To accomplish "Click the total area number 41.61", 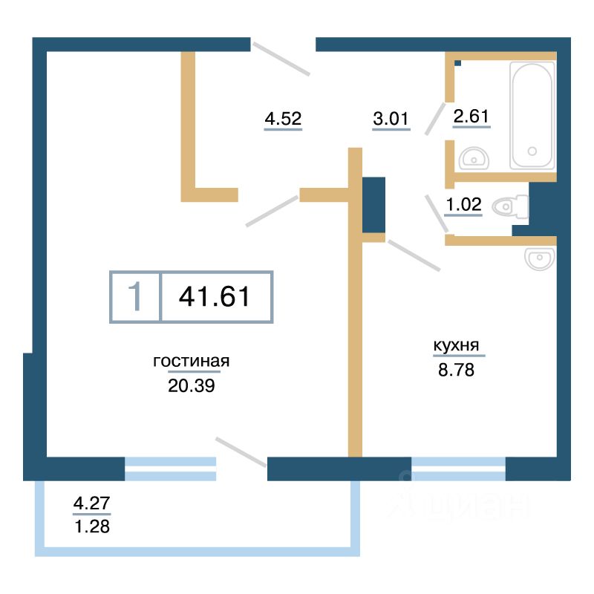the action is [215, 296].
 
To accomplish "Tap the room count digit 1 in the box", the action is [135, 296].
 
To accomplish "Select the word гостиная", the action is [192, 361].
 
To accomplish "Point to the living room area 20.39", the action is [192, 385].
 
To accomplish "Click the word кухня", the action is [456, 345].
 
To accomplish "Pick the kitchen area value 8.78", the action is [456, 370].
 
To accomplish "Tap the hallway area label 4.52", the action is [283, 119].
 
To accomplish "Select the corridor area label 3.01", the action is [391, 119].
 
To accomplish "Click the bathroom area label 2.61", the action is [471, 116].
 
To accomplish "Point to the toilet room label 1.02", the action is [463, 205].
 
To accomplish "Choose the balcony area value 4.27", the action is [91, 503].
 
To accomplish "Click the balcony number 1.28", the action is [92, 526].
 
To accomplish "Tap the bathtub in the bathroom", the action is [532, 115].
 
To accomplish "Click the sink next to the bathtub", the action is [474, 158].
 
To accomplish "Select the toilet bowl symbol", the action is [510, 207].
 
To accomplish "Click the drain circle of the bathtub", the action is [532, 151].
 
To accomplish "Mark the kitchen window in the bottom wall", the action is [458, 469].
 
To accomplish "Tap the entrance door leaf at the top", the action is [281, 59].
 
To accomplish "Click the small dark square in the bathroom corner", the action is [458, 63].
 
